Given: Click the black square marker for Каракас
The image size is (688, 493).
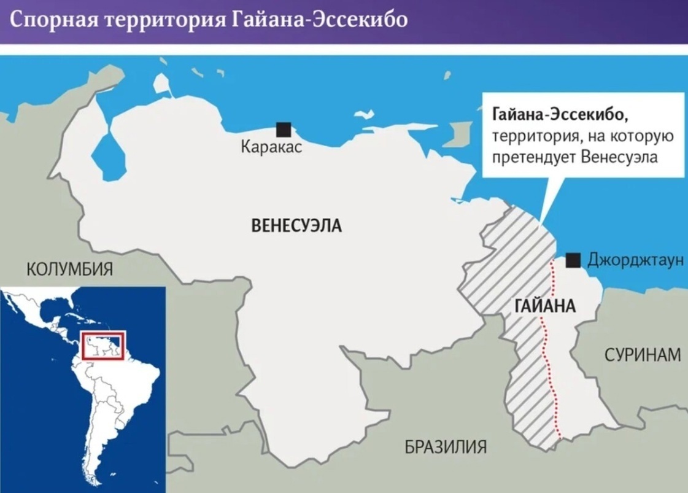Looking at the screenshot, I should [x=283, y=130].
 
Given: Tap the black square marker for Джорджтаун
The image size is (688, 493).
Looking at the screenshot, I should [x=573, y=260].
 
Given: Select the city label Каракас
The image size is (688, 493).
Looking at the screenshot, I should [x=271, y=148].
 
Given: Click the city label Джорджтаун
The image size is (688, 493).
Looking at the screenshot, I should [x=635, y=260].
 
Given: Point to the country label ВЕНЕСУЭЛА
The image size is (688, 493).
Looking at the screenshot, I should [x=296, y=226].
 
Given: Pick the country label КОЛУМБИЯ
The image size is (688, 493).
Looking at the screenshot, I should [x=69, y=268].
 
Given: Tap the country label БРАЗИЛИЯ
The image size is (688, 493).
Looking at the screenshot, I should [x=446, y=446].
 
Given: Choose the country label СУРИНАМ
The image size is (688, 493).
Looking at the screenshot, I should [x=643, y=354].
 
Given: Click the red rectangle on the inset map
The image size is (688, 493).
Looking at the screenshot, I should [x=104, y=346].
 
